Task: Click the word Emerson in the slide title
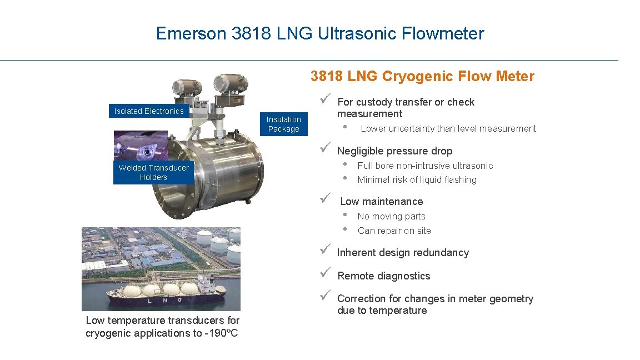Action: click(191, 33)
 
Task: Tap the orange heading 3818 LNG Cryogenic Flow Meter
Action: click(422, 76)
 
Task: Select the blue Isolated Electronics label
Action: click(149, 111)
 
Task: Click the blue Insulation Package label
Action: click(283, 124)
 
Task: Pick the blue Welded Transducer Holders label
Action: click(153, 172)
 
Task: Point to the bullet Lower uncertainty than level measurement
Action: click(448, 129)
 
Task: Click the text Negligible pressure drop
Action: click(394, 151)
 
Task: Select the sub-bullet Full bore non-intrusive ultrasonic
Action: click(425, 166)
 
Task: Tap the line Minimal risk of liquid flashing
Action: click(417, 179)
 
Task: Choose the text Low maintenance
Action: click(381, 202)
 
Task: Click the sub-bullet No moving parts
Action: click(391, 216)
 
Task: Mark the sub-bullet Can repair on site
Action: click(394, 231)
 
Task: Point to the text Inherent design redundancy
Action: click(403, 253)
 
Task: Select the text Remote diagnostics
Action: click(383, 276)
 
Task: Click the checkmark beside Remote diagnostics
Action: click(326, 272)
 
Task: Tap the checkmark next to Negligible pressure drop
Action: click(326, 148)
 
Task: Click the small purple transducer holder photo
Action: click(140, 146)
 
